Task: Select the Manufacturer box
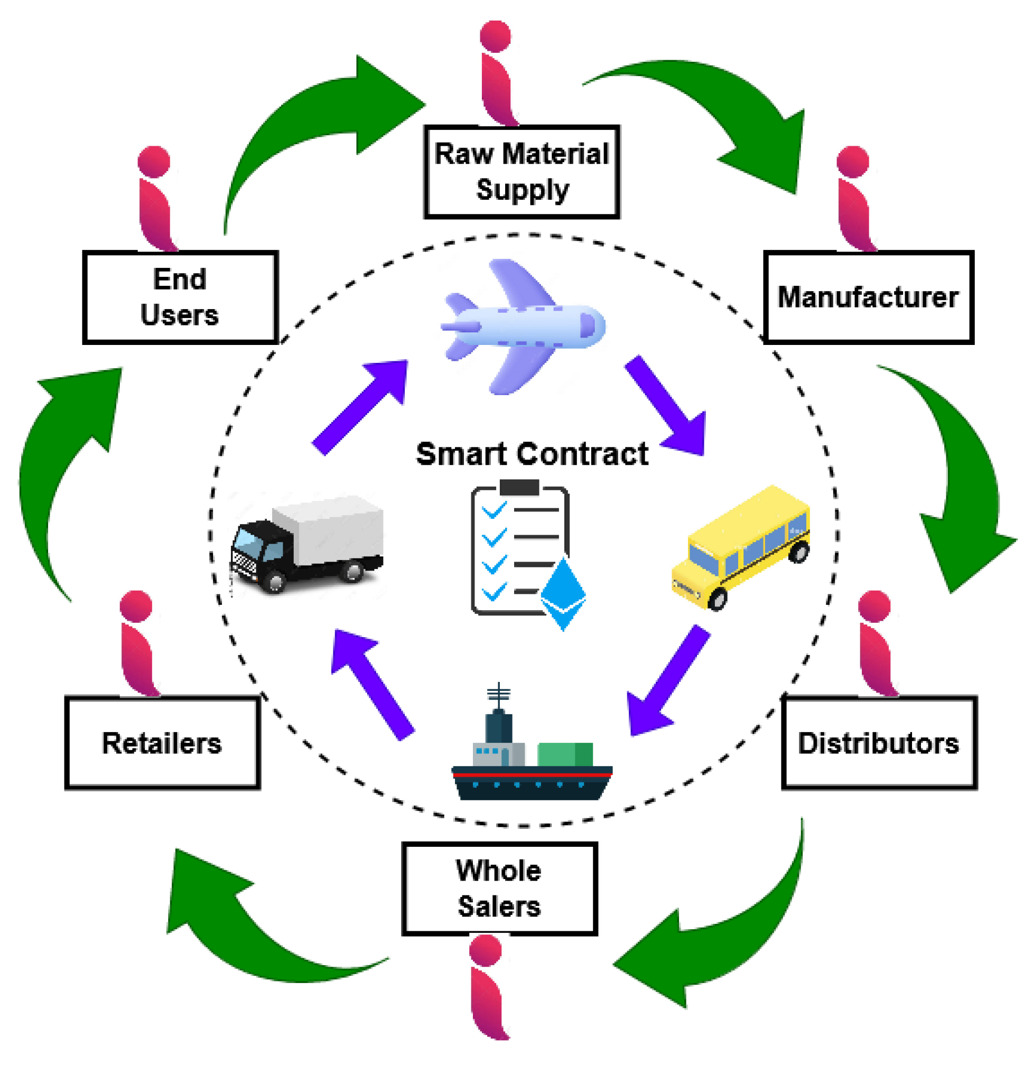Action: click(868, 297)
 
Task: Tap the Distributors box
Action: click(879, 742)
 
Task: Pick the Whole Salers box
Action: click(499, 889)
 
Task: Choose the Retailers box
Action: click(162, 742)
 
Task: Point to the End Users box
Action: click(180, 297)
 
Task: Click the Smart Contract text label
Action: click(532, 454)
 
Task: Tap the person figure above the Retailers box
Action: click(138, 644)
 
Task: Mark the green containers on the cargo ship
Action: click(565, 754)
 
